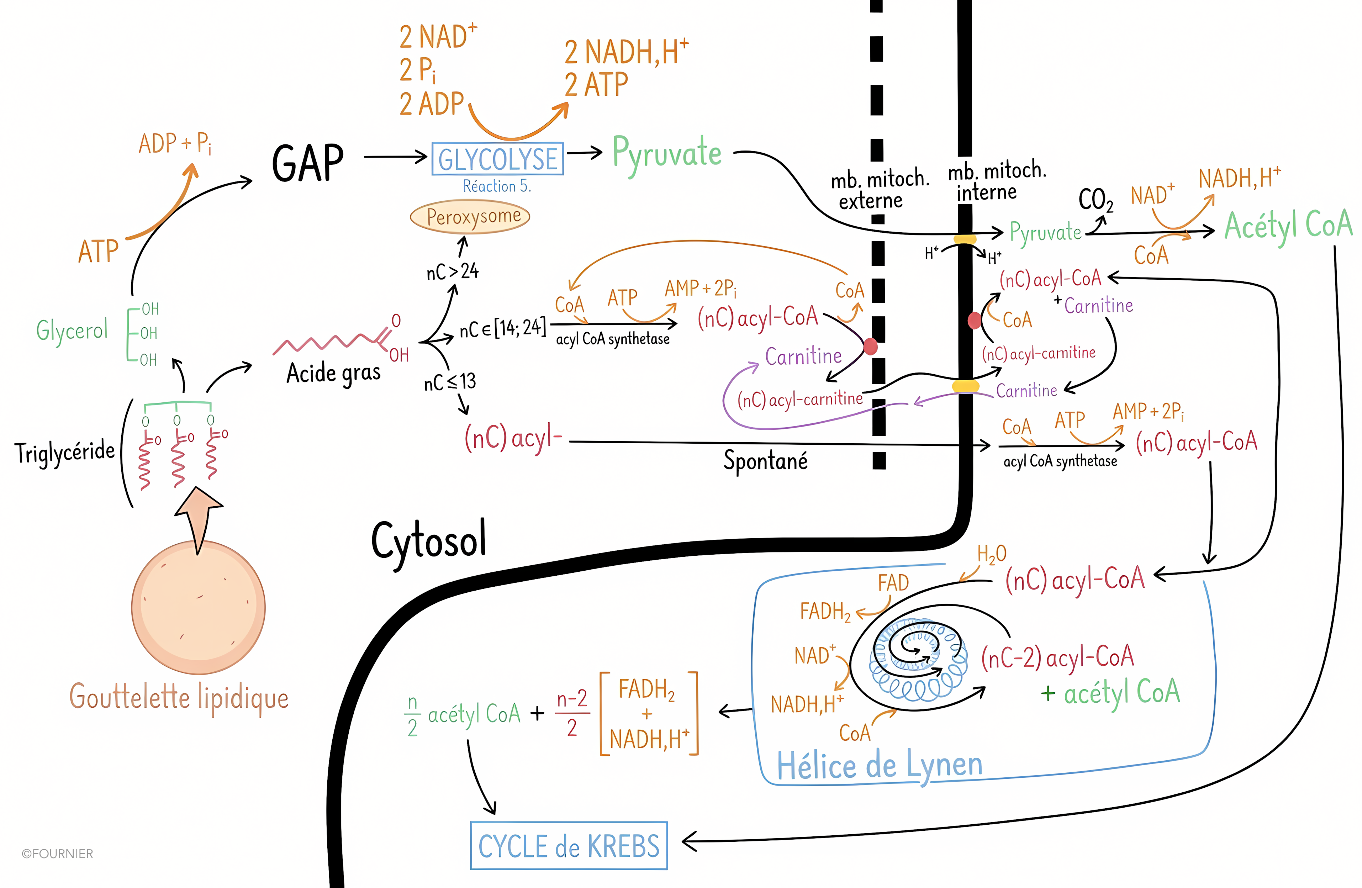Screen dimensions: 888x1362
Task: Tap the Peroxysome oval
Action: coord(470,217)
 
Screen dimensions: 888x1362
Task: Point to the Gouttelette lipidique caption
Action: coord(179,697)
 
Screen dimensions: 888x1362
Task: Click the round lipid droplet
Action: coord(198,608)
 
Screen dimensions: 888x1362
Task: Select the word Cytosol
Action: coord(429,540)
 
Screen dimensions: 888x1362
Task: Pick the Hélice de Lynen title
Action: coord(879,766)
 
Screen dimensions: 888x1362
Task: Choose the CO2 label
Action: coord(1095,200)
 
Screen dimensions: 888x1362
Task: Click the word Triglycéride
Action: coord(65,452)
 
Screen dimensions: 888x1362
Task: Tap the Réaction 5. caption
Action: coord(497,186)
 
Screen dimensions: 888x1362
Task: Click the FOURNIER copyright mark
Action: coord(57,854)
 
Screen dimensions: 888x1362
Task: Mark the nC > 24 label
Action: coord(452,271)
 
